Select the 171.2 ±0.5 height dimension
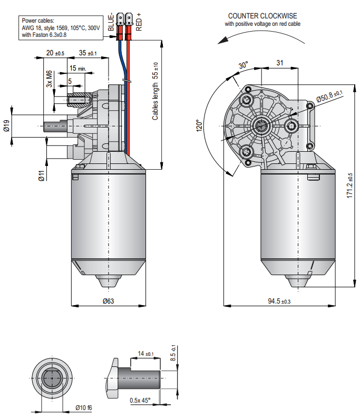[x=349, y=186]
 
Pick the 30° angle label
[x=243, y=66]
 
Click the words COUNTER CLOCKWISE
[x=261, y=16]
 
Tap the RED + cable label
[x=139, y=22]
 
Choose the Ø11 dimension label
[x=41, y=176]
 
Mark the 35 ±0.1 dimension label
[x=88, y=53]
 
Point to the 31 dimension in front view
[x=280, y=63]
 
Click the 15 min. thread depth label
[x=77, y=69]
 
